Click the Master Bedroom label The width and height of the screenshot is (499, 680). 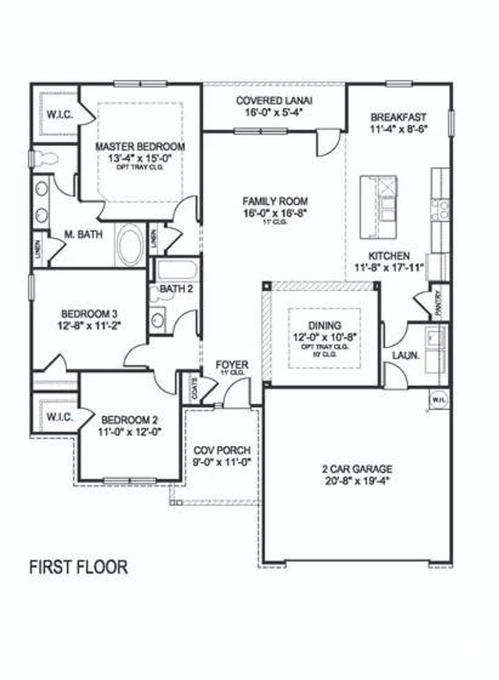(x=140, y=147)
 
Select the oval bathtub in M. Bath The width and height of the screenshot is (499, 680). (x=130, y=245)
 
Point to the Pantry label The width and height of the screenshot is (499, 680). (x=439, y=302)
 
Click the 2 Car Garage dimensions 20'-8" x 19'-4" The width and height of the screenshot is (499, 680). (x=357, y=481)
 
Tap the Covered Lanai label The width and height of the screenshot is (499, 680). (x=274, y=100)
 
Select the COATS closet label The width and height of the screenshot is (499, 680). (x=195, y=388)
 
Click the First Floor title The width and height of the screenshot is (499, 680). (x=78, y=567)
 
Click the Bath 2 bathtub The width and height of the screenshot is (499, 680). (x=177, y=269)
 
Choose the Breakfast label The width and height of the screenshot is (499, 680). (x=398, y=117)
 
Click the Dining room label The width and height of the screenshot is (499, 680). (x=324, y=325)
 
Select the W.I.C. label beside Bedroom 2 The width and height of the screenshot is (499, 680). (x=60, y=417)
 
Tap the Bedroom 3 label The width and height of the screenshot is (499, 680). (x=89, y=313)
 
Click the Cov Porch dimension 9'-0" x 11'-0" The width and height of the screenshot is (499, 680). (x=222, y=462)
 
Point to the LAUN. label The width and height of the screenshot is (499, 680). (x=406, y=355)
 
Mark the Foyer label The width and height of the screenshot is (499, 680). (x=232, y=365)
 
